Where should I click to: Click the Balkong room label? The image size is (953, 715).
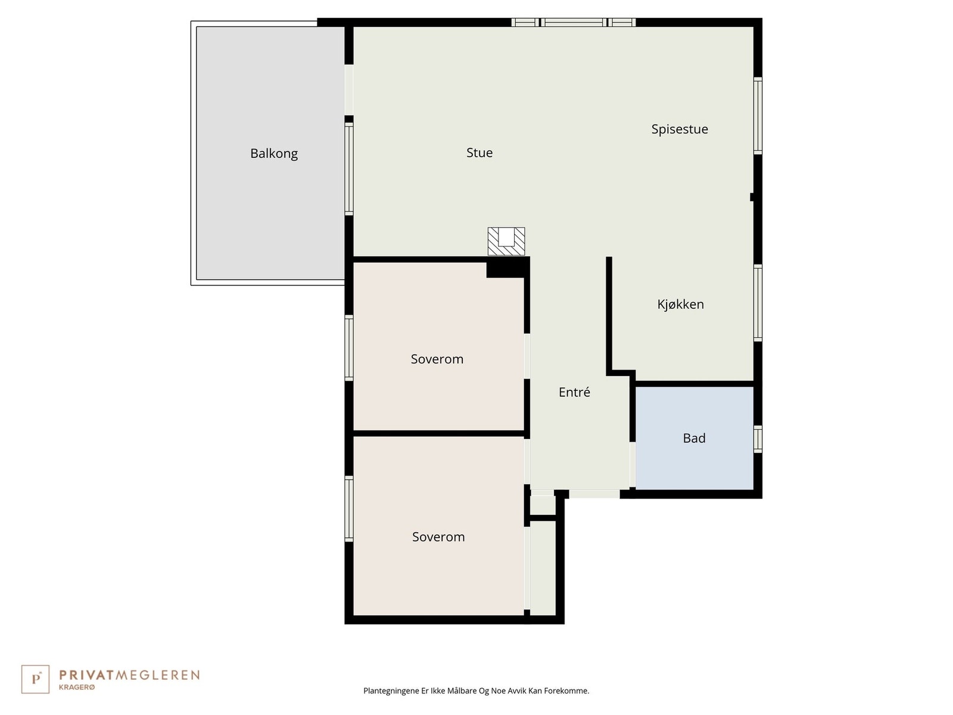point(273,154)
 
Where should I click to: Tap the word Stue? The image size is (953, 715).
point(479,153)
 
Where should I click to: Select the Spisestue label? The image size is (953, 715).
point(679,129)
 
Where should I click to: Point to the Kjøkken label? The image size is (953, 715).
point(680,304)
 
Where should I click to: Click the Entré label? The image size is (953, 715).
point(574,392)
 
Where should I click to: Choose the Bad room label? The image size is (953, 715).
point(694,439)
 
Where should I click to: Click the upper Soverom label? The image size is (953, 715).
point(437,359)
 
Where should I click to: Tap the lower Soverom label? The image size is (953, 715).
point(438,537)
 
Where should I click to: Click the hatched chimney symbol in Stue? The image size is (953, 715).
point(506,241)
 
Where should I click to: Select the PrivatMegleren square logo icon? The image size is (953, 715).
point(36,679)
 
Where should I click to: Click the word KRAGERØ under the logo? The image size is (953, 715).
point(77,687)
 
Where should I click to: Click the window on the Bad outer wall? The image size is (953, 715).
point(758,439)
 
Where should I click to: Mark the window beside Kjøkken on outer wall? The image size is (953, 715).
point(758,303)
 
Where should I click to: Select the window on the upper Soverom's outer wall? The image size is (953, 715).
point(349,347)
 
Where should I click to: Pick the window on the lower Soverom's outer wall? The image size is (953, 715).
point(349,508)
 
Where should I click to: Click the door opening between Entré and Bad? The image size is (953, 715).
point(633,465)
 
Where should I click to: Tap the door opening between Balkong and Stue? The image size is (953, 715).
point(349,89)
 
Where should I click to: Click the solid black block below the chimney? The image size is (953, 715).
point(507,268)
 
